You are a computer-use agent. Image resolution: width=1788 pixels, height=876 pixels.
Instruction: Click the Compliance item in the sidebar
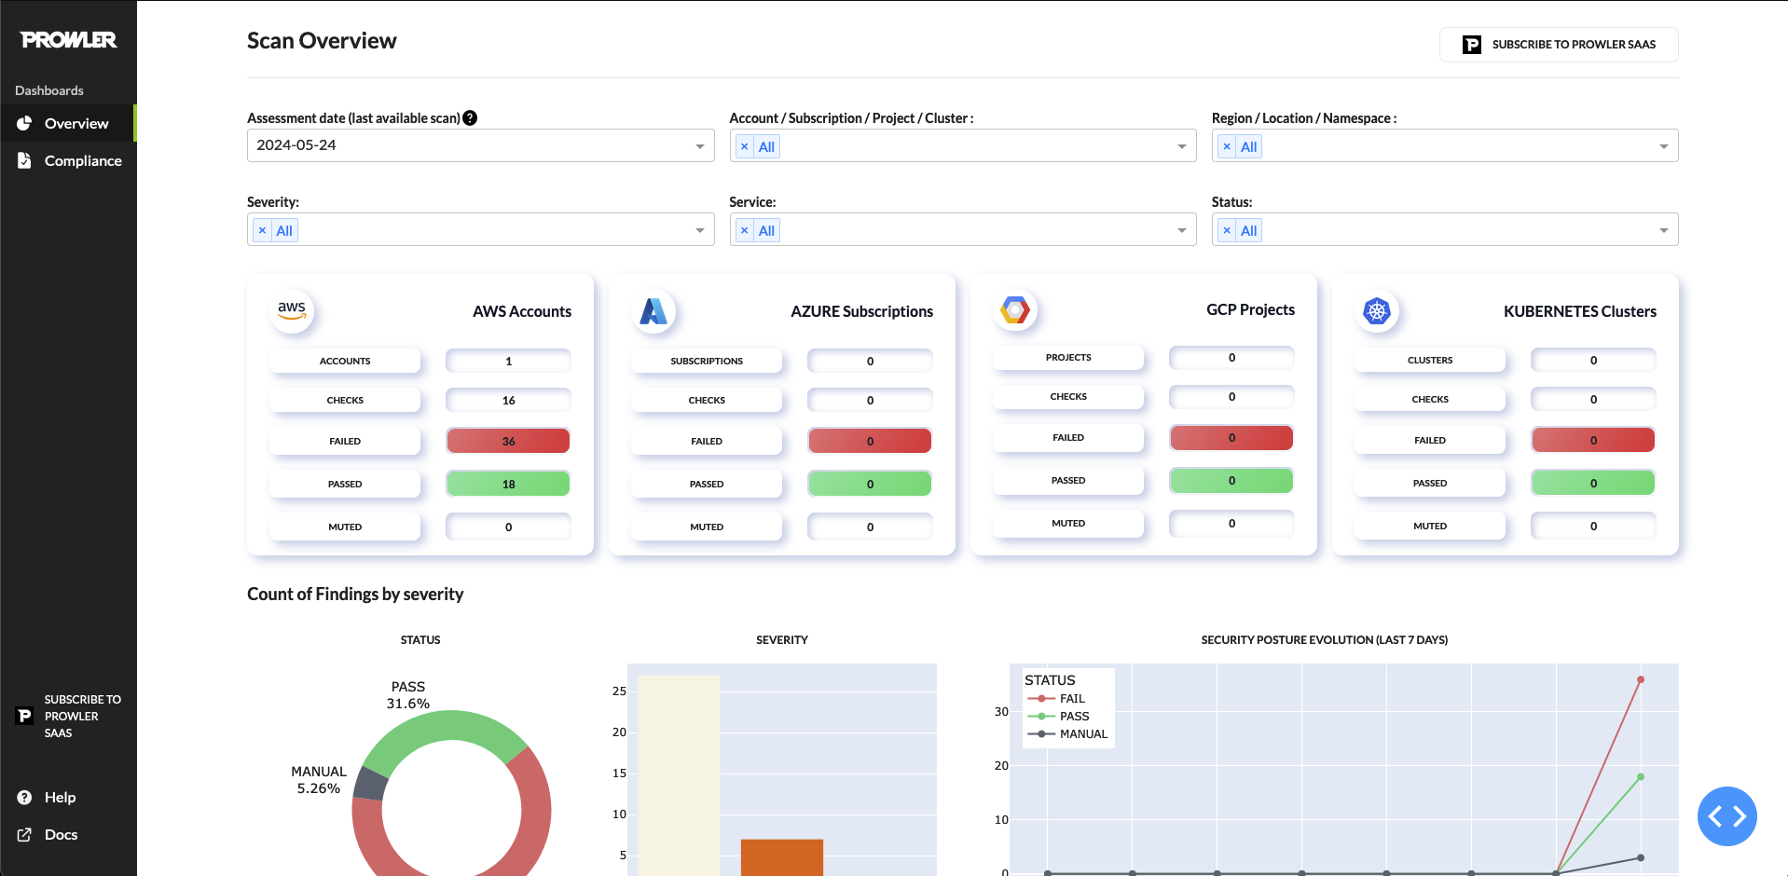82,161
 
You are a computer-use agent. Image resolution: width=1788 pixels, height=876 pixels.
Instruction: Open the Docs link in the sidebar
61,835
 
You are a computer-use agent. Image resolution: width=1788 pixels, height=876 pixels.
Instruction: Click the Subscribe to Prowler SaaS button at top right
1559,45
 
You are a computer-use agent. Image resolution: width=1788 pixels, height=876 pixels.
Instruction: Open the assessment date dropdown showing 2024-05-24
480,145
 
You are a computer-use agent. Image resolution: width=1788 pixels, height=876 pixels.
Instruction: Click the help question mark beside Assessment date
470,118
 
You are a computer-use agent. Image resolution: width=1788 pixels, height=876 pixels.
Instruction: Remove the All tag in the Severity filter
263,230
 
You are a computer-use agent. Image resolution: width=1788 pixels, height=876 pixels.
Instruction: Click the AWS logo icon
292,310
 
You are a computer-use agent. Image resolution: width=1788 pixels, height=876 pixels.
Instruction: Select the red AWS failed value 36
508,441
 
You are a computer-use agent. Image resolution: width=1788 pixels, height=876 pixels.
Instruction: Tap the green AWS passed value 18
508,484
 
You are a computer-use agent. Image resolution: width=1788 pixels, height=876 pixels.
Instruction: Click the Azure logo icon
653,310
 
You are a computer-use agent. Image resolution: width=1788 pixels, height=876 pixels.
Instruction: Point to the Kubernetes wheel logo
1377,310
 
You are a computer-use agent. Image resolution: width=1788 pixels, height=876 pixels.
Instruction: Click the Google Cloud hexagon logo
1015,310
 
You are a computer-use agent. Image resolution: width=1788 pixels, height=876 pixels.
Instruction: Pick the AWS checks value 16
508,400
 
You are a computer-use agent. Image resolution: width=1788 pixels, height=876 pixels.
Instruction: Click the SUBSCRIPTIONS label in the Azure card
707,361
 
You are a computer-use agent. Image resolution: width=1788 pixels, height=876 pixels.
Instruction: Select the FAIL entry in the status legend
1071,699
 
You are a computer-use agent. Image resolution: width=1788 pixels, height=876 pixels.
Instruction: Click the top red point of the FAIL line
1641,679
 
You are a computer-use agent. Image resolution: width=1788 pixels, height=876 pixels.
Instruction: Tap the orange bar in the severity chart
781,857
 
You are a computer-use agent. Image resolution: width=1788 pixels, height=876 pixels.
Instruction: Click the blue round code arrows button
1726,816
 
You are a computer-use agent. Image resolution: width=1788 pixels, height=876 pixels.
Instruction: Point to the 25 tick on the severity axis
619,691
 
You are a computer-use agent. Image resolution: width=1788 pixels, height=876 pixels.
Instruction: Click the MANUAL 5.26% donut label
319,780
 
